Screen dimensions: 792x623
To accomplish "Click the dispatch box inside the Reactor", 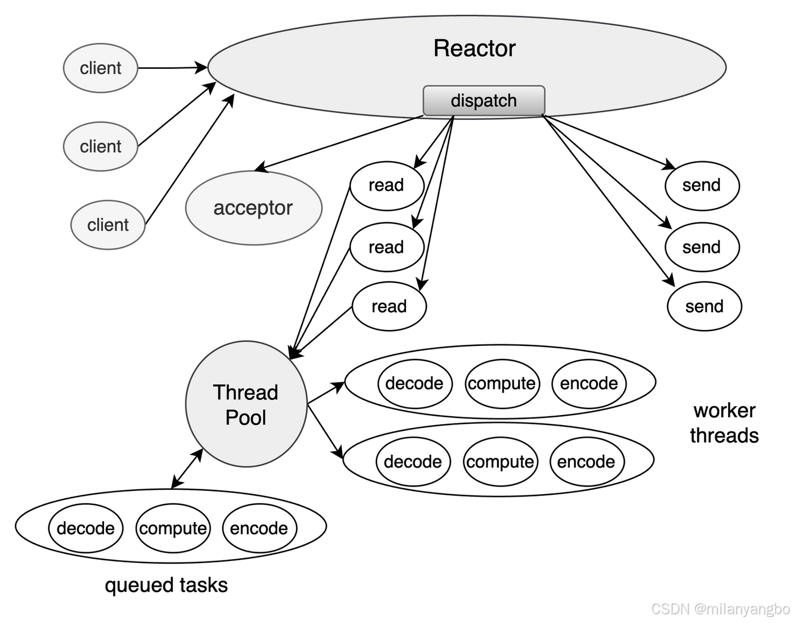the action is pyautogui.click(x=483, y=101).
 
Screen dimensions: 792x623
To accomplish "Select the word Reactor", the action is pyautogui.click(x=475, y=48).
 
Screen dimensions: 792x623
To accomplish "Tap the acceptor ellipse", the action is pyautogui.click(x=254, y=208).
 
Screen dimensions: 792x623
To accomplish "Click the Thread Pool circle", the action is pyautogui.click(x=246, y=404).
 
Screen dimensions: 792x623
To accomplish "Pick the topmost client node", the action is pyautogui.click(x=101, y=68).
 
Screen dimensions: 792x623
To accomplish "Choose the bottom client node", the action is pyautogui.click(x=108, y=225).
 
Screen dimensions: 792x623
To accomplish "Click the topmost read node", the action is pyautogui.click(x=387, y=186).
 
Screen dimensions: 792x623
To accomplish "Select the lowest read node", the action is pyautogui.click(x=389, y=306).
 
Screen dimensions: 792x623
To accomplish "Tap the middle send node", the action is pyautogui.click(x=702, y=247).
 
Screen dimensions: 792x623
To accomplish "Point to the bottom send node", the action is pyautogui.click(x=705, y=306).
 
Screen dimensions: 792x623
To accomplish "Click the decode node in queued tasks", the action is pyautogui.click(x=86, y=528).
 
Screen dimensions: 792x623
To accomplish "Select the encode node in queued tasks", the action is pyautogui.click(x=260, y=528).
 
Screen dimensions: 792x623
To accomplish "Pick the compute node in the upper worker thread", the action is pyautogui.click(x=502, y=384).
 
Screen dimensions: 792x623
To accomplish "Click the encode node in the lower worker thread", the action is pyautogui.click(x=587, y=461).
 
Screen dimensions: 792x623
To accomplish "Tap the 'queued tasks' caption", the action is pyautogui.click(x=166, y=585).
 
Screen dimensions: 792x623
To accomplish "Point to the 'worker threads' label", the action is pyautogui.click(x=724, y=423).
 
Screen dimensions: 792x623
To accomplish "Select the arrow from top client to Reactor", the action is pyautogui.click(x=173, y=68).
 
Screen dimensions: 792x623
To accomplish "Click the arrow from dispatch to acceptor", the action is pyautogui.click(x=339, y=144).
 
